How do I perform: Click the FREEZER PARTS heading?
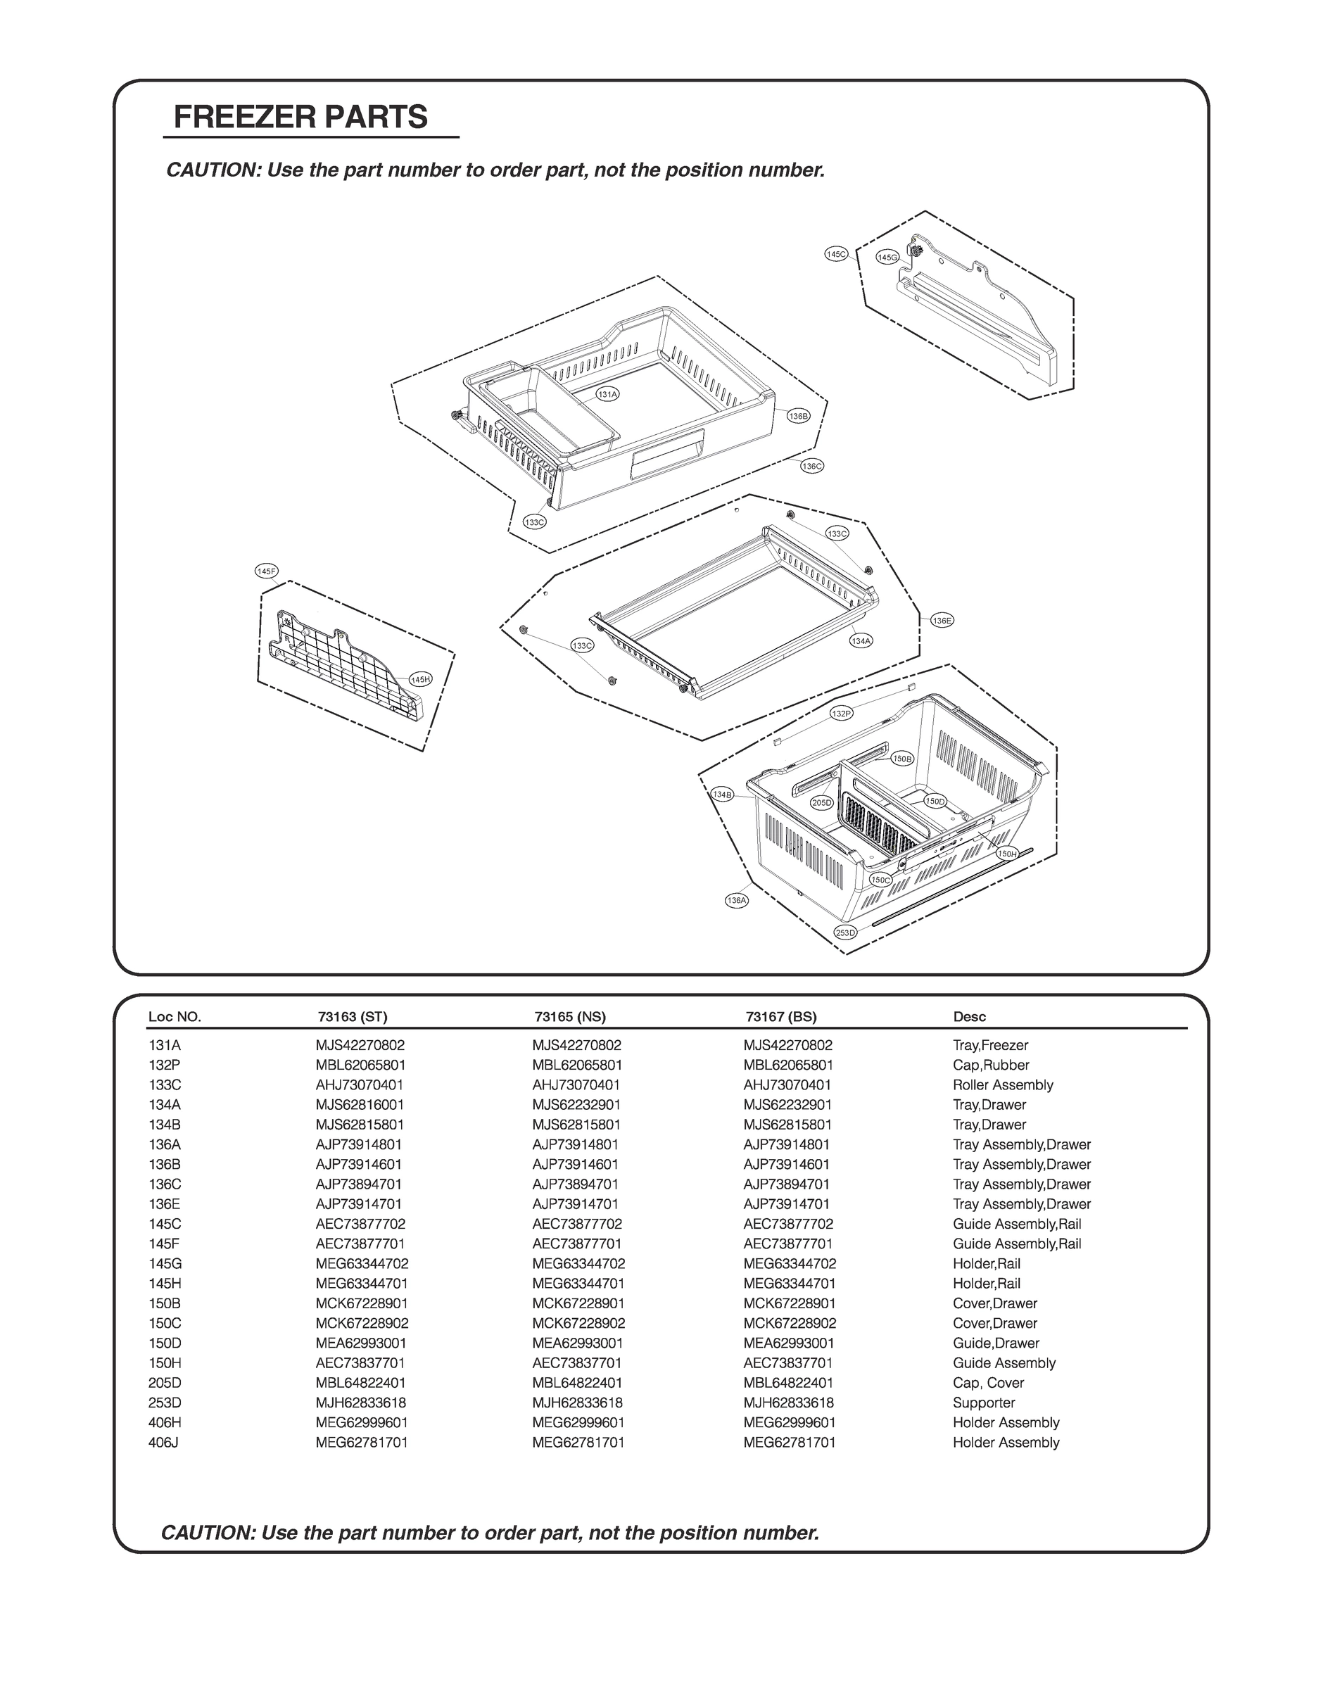point(300,118)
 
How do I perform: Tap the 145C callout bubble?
point(837,254)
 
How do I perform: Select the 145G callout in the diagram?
point(887,257)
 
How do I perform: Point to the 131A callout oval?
point(608,394)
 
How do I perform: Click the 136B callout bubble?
point(799,416)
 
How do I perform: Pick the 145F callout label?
point(267,571)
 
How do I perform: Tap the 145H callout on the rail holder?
point(421,679)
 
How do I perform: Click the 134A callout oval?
point(861,640)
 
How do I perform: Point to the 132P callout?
point(841,713)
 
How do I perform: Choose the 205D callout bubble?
point(822,802)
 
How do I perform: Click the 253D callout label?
point(846,932)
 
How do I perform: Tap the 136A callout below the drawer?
point(737,900)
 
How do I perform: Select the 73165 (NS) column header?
point(570,1017)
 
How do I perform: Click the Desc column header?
point(969,1017)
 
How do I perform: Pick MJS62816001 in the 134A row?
point(360,1104)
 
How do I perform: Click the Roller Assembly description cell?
point(1002,1085)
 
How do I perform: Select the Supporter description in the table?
point(984,1403)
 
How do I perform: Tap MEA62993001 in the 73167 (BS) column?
point(789,1343)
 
